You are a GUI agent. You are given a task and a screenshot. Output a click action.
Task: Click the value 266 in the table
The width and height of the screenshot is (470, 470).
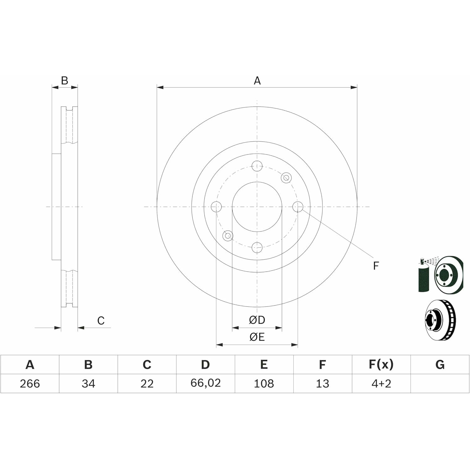[30, 384]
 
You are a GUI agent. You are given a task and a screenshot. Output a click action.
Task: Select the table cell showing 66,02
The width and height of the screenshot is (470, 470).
[206, 383]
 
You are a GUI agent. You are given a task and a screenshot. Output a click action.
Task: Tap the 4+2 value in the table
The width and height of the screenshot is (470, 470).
[381, 384]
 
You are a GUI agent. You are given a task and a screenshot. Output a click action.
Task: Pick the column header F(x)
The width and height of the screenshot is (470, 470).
[381, 364]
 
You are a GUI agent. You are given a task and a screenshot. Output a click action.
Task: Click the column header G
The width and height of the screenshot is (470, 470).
[440, 364]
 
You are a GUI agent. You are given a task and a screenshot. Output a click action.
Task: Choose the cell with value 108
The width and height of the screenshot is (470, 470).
[264, 384]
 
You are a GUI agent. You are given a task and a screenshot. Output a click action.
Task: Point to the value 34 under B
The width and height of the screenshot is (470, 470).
[88, 384]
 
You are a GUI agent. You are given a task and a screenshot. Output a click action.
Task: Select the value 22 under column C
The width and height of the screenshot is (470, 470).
[147, 384]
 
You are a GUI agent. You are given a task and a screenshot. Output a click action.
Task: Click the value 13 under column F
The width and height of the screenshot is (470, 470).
[322, 384]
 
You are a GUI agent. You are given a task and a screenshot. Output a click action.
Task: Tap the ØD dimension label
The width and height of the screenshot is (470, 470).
[257, 320]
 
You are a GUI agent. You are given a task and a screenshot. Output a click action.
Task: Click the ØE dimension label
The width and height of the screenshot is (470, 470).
[257, 337]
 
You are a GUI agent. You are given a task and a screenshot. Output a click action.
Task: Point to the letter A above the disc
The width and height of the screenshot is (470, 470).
[257, 81]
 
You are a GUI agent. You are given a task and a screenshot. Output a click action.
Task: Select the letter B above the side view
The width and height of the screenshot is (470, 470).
[65, 81]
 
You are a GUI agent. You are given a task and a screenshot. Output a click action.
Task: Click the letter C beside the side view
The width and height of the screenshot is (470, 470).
[101, 321]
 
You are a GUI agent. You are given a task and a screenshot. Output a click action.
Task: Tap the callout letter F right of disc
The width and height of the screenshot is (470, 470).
[376, 266]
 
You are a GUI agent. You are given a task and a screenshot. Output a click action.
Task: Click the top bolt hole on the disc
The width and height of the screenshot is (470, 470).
[257, 166]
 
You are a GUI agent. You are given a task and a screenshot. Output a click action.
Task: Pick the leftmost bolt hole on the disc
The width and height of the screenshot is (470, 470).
[216, 206]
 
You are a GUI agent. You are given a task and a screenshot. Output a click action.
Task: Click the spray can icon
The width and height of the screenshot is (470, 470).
[424, 276]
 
